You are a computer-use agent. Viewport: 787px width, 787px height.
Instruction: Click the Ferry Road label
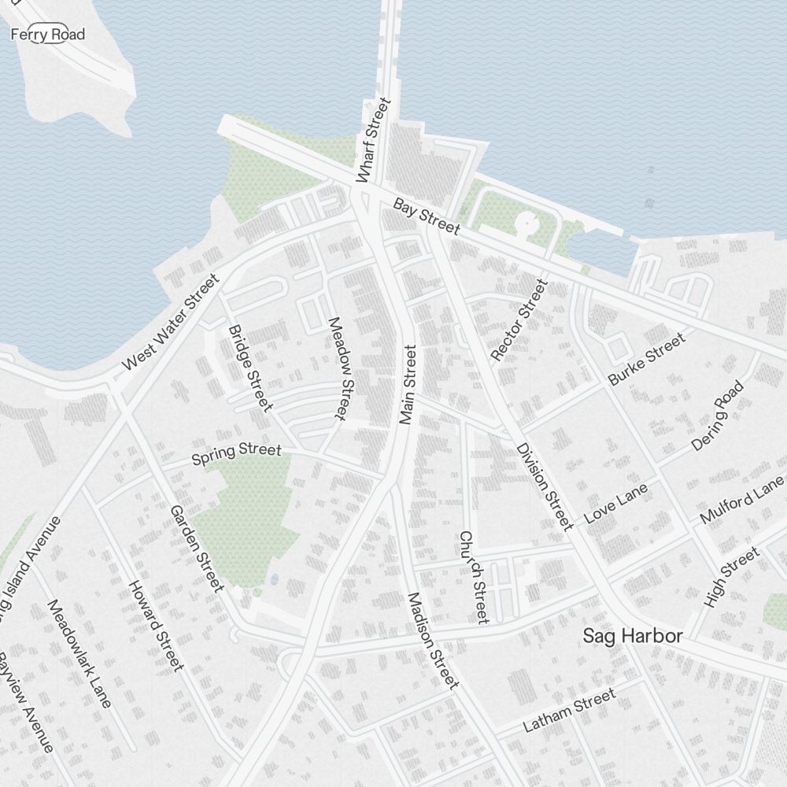(47, 35)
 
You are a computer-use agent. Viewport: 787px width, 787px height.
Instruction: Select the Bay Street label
(426, 216)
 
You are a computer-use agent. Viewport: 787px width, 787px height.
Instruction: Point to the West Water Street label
(171, 323)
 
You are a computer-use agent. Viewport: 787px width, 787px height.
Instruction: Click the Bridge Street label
(249, 368)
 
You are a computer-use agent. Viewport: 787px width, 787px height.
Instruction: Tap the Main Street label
(407, 385)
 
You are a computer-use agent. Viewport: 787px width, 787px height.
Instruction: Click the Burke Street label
(646, 358)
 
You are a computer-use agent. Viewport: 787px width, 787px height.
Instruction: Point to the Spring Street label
(236, 454)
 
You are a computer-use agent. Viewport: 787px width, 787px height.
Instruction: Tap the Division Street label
(545, 486)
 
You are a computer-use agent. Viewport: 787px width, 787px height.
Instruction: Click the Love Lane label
(616, 503)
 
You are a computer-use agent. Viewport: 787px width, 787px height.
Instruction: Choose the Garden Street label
(197, 548)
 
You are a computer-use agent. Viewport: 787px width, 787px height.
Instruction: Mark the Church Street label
(474, 577)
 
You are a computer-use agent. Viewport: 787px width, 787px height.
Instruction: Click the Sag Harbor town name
(632, 636)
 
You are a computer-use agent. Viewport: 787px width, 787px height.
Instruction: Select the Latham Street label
(569, 711)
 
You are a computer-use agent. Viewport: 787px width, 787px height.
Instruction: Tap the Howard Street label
(156, 626)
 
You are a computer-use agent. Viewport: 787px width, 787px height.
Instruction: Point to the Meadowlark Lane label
(79, 653)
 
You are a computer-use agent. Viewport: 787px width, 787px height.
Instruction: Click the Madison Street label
(432, 640)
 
